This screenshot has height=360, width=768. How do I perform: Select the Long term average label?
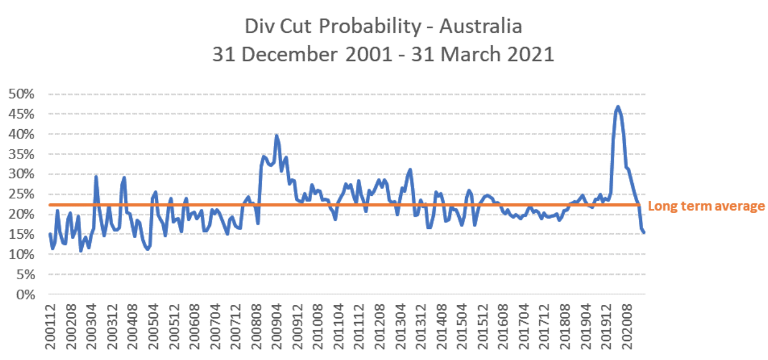point(706,206)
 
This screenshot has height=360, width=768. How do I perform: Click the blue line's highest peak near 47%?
point(618,107)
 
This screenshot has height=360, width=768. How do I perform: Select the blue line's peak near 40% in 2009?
point(277,135)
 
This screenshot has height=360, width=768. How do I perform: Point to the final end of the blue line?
point(644,233)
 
